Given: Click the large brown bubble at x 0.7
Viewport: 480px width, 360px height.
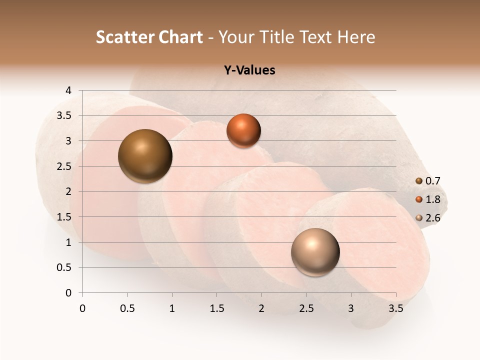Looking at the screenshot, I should pyautogui.click(x=145, y=156).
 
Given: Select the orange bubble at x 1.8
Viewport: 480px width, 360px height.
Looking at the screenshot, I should pyautogui.click(x=243, y=130).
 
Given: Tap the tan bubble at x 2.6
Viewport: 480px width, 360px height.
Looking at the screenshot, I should pyautogui.click(x=315, y=252).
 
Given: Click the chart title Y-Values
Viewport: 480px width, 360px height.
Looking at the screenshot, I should pyautogui.click(x=249, y=70).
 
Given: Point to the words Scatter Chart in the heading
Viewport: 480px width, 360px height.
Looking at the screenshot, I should pyautogui.click(x=149, y=37).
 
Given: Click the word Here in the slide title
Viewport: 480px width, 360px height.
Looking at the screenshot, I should pyautogui.click(x=356, y=37).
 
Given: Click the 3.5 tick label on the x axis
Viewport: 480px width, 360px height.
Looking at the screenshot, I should pyautogui.click(x=395, y=308).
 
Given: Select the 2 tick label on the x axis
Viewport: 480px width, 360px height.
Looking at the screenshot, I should pyautogui.click(x=261, y=308).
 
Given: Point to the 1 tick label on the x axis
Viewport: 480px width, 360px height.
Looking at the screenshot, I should pyautogui.click(x=172, y=308).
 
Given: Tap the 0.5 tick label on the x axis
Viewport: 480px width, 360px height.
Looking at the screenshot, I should pyautogui.click(x=127, y=308).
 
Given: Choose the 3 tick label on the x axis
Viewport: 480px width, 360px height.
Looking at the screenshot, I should pyautogui.click(x=351, y=308).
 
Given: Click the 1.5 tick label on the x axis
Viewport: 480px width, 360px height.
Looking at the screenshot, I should pyautogui.click(x=216, y=308).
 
